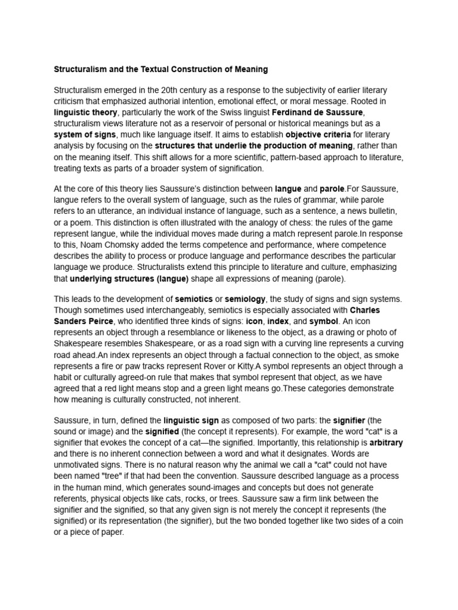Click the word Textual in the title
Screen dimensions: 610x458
coord(150,70)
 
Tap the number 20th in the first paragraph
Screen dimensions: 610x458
coord(177,91)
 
